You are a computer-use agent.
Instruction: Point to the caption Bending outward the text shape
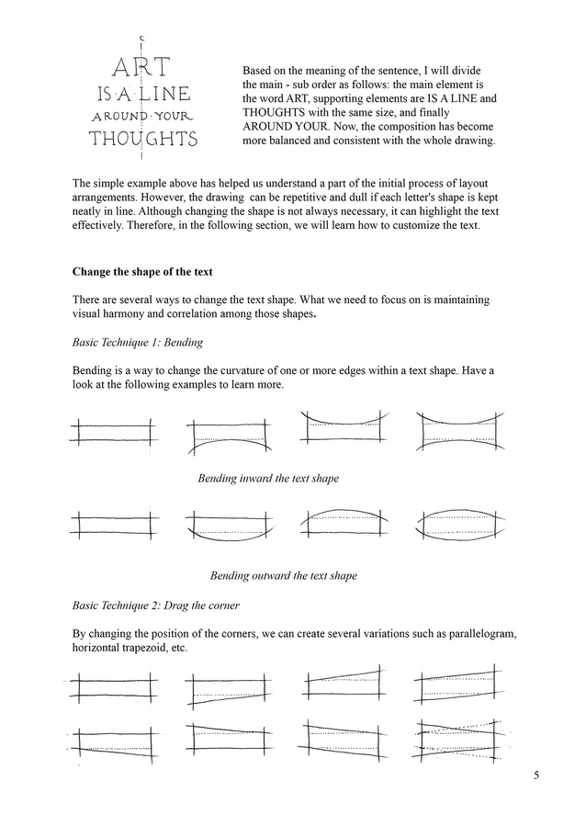pyautogui.click(x=283, y=575)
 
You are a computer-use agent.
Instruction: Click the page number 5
pyautogui.click(x=536, y=775)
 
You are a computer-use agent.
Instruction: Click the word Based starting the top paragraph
pyautogui.click(x=260, y=70)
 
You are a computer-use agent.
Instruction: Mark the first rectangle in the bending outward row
pyautogui.click(x=111, y=526)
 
